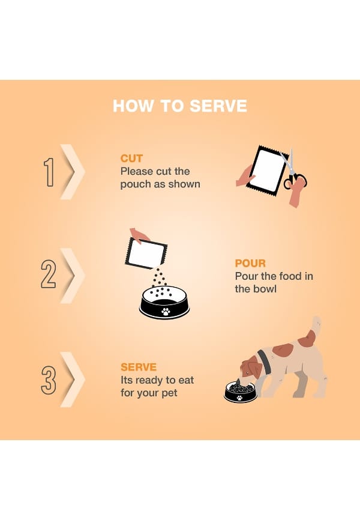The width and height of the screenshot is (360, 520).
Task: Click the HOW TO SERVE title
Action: pyautogui.click(x=180, y=106)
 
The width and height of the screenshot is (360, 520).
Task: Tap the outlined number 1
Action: pyautogui.click(x=49, y=172)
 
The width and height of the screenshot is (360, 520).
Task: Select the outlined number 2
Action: pyautogui.click(x=49, y=273)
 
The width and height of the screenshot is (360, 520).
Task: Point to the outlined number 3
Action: pyautogui.click(x=49, y=379)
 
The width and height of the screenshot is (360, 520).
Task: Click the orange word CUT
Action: pyautogui.click(x=131, y=159)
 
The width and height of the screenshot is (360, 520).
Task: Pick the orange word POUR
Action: pyautogui.click(x=250, y=264)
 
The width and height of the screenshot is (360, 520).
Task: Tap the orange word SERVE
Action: pyautogui.click(x=139, y=367)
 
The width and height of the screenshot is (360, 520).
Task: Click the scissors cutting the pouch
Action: pyautogui.click(x=293, y=171)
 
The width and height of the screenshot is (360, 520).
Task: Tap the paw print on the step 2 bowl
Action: pyautogui.click(x=166, y=312)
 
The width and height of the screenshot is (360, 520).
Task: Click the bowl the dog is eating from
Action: pyautogui.click(x=240, y=392)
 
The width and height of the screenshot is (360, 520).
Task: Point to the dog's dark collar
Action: pyautogui.click(x=263, y=361)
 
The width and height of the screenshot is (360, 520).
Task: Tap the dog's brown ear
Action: pyautogui.click(x=253, y=366)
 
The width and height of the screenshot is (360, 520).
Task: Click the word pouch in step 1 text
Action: pyautogui.click(x=135, y=185)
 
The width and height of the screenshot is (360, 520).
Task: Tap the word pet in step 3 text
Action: pyautogui.click(x=169, y=393)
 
